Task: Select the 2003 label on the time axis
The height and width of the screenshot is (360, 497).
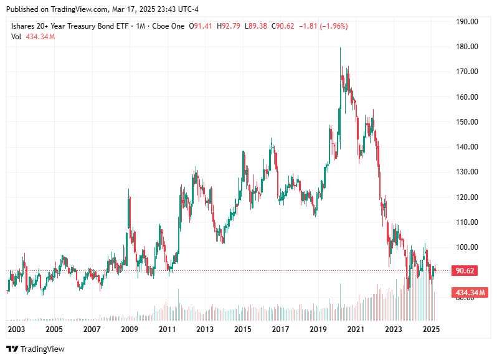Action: (x=16, y=329)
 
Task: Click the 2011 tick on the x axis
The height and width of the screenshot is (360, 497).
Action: (x=167, y=329)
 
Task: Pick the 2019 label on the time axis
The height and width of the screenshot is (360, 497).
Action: (x=318, y=329)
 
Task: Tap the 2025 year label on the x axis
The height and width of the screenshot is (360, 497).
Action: (x=431, y=329)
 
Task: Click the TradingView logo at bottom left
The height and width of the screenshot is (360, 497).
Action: (x=35, y=349)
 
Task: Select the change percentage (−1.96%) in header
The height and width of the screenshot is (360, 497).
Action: (x=333, y=26)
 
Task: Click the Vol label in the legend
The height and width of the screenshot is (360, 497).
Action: (x=17, y=37)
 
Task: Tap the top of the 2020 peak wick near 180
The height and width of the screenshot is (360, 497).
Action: (x=340, y=48)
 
